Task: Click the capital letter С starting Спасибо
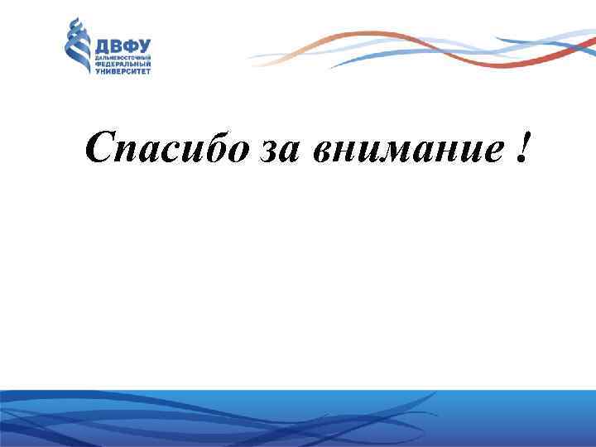[x=99, y=148]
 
